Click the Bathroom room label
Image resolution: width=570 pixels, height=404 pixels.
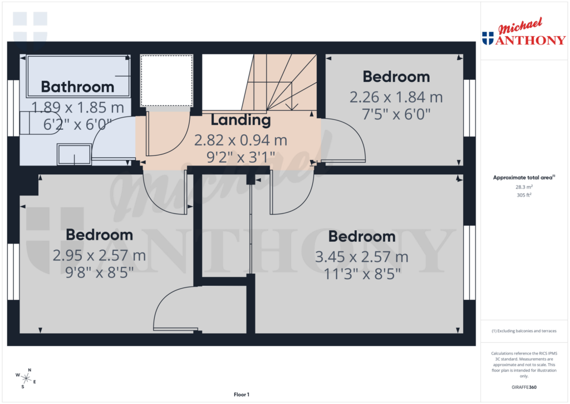[x=77, y=87]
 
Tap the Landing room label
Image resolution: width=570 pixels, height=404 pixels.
[x=240, y=120]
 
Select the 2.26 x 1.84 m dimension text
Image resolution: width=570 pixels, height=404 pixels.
[x=396, y=98]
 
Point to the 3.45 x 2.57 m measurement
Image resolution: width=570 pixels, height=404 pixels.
[x=362, y=257]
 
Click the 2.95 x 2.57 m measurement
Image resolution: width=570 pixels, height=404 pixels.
[x=99, y=256]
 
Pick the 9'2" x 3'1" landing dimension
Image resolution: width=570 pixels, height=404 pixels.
[x=240, y=157]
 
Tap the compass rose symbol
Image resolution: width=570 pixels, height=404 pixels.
[x=26, y=378]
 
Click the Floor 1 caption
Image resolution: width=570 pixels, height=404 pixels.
[x=241, y=395]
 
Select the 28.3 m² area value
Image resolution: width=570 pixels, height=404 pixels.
[x=524, y=187]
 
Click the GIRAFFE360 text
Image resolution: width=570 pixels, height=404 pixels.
[x=524, y=387]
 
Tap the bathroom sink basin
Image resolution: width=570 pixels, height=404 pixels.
[x=73, y=154]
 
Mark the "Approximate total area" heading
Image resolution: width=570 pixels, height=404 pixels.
[x=523, y=178]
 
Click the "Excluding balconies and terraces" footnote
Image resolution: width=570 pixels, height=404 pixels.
[x=524, y=331]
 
